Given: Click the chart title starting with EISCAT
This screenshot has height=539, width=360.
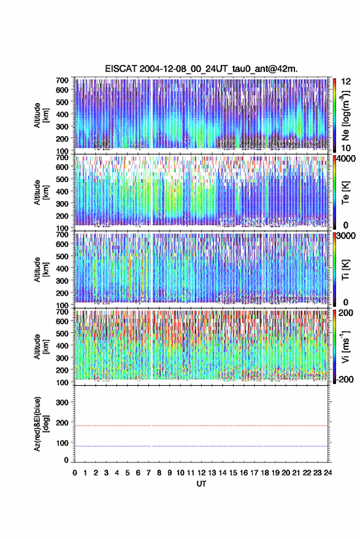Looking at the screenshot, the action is click(x=201, y=69).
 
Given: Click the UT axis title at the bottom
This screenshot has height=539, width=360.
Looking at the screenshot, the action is click(x=201, y=484).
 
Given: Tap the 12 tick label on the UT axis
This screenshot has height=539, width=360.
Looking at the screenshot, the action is click(x=201, y=473).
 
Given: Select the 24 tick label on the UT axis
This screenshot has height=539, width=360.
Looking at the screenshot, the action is click(x=327, y=473).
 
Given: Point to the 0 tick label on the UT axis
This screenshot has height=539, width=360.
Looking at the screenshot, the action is click(x=75, y=473).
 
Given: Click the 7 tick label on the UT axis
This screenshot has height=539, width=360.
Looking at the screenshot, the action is click(x=148, y=473).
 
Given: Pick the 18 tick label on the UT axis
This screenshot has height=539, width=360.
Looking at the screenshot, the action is click(x=264, y=473).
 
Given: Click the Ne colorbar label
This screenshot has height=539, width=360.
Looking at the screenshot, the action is click(x=345, y=115).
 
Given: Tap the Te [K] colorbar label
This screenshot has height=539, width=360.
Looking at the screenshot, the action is click(x=345, y=193).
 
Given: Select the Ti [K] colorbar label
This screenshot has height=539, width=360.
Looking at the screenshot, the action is click(x=345, y=270).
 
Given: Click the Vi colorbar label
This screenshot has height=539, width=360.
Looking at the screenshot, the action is click(x=345, y=346).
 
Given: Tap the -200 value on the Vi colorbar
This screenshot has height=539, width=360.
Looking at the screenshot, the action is click(x=345, y=380).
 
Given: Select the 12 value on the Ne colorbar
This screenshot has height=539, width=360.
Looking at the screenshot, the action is click(x=346, y=82).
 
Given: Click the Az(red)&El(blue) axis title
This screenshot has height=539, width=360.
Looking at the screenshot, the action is click(x=41, y=424).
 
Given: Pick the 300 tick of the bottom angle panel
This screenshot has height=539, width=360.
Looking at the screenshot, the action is click(x=62, y=402).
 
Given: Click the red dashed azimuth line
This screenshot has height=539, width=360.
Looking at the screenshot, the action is click(x=201, y=426).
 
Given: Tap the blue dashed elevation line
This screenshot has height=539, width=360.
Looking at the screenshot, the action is click(x=201, y=446).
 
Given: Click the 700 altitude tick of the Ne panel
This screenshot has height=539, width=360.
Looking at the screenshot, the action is click(x=62, y=80).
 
